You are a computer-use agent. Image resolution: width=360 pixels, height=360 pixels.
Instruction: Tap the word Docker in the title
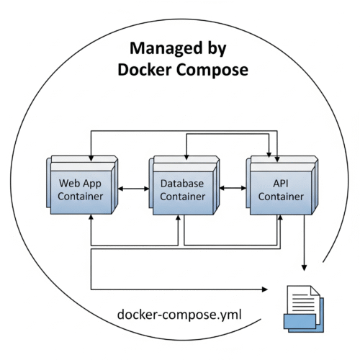pyautogui.click(x=145, y=70)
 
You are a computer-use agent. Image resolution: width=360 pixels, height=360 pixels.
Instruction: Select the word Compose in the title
pyautogui.click(x=212, y=71)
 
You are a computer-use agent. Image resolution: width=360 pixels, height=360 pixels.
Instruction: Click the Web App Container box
pyautogui.click(x=82, y=185)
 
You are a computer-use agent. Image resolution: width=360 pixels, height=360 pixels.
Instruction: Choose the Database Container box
pyautogui.click(x=184, y=185)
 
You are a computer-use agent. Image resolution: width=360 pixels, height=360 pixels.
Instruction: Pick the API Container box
pyautogui.click(x=282, y=185)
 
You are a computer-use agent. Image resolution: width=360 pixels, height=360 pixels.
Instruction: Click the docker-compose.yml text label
pyautogui.click(x=179, y=315)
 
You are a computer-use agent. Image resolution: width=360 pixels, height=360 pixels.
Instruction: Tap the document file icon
pyautogui.click(x=304, y=309)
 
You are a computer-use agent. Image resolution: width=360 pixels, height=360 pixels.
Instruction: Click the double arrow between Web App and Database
pyautogui.click(x=133, y=189)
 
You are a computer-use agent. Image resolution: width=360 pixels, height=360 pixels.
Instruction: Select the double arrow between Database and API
pyautogui.click(x=233, y=188)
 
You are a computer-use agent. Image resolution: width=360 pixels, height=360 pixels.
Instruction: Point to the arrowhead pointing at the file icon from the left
pyautogui.click(x=265, y=289)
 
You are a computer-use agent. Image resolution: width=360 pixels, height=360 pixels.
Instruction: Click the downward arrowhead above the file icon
pyautogui.click(x=304, y=268)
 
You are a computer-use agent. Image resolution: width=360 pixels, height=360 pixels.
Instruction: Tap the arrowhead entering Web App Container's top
pyautogui.click(x=91, y=158)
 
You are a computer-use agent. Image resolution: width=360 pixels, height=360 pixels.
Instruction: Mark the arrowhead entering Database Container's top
pyautogui.click(x=186, y=157)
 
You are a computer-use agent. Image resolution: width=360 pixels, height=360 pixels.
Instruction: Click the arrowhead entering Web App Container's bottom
pyautogui.click(x=91, y=217)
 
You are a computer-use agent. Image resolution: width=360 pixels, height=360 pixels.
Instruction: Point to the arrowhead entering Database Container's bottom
pyautogui.click(x=178, y=218)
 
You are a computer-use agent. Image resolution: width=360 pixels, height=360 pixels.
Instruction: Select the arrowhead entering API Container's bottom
pyautogui.click(x=280, y=218)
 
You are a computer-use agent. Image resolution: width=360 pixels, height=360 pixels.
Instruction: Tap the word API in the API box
pyautogui.click(x=281, y=184)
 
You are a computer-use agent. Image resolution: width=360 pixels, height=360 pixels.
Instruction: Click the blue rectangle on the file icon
pyautogui.click(x=300, y=321)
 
